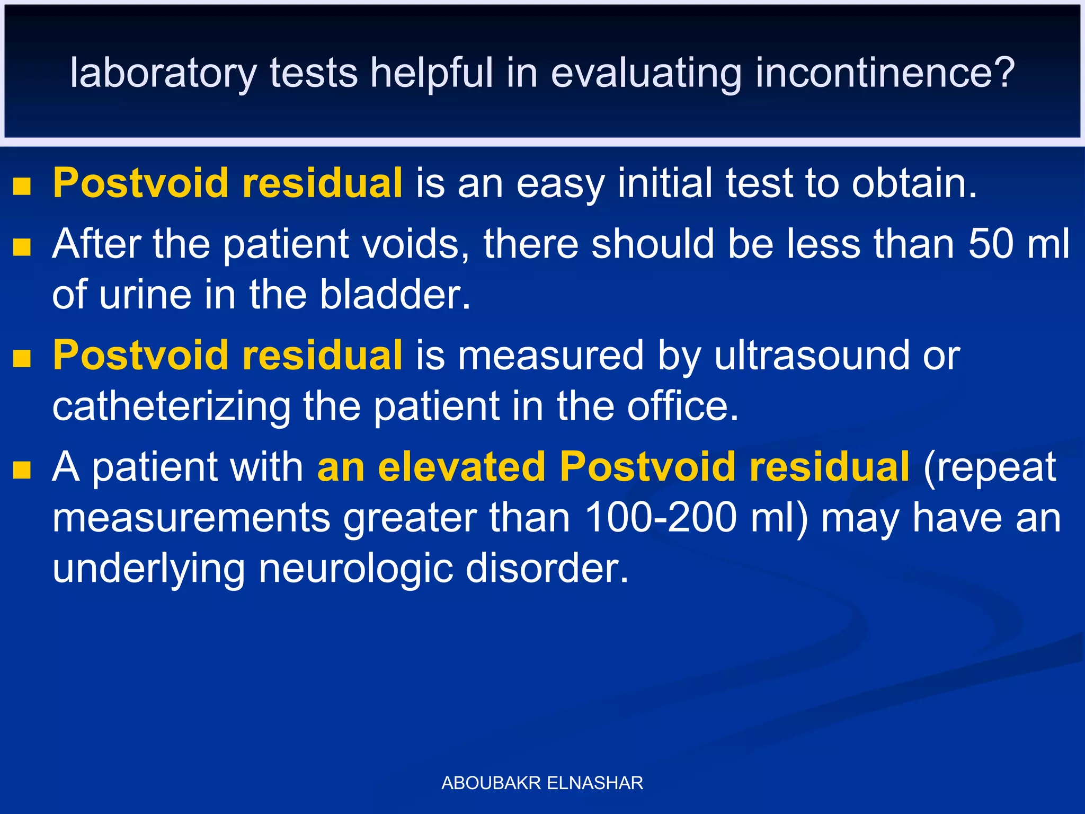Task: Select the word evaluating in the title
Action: tap(646, 73)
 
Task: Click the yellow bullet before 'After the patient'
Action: tap(22, 246)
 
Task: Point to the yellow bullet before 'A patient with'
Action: tap(22, 470)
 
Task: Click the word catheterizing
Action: tap(171, 407)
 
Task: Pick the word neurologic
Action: tap(355, 569)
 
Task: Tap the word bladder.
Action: tap(395, 295)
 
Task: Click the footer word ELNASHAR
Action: tap(595, 783)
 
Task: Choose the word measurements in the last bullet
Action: tap(191, 518)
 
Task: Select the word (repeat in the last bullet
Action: tap(990, 467)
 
